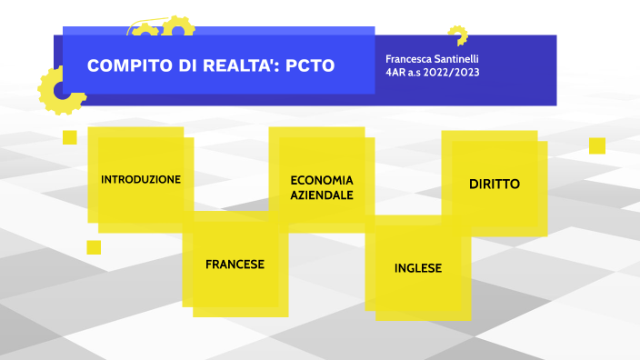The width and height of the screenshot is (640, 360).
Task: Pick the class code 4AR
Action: [x=397, y=72]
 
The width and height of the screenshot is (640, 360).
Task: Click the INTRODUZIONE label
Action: [x=141, y=179]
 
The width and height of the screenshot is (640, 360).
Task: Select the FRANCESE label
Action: [x=235, y=265]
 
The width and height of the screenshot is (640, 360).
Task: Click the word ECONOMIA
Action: [x=322, y=180]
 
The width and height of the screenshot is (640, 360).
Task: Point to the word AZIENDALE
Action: [x=322, y=195]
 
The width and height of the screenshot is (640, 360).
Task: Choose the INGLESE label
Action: [x=418, y=268]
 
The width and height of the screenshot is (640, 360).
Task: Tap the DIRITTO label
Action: [x=495, y=184]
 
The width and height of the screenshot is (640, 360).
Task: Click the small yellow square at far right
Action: [x=597, y=145]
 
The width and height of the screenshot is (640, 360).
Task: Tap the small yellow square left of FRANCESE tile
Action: [x=94, y=247]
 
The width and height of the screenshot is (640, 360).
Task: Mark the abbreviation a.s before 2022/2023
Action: [x=421, y=72]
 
